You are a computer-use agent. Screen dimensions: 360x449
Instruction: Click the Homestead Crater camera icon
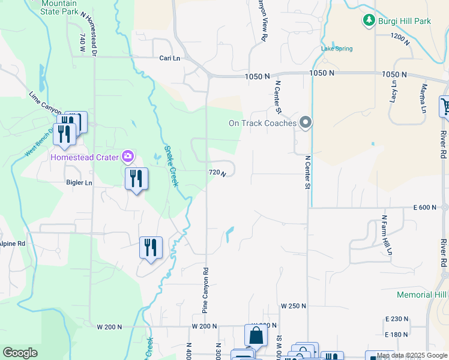(x=127, y=157)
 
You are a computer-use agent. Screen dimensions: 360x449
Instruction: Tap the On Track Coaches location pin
(x=306, y=123)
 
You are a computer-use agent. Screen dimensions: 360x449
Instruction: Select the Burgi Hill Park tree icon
(x=369, y=21)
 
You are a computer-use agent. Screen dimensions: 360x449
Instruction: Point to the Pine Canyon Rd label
(x=205, y=290)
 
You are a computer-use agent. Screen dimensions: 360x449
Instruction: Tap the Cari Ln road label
(x=170, y=58)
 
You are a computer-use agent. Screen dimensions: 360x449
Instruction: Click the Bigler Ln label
(x=79, y=182)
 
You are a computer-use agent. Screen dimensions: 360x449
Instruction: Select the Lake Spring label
(x=337, y=49)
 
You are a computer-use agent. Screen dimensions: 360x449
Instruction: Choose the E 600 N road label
(x=425, y=208)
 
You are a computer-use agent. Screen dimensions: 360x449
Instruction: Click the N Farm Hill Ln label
(x=387, y=235)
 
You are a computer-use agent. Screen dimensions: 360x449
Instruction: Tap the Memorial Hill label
(x=422, y=295)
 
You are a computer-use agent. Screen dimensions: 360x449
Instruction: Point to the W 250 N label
(x=294, y=306)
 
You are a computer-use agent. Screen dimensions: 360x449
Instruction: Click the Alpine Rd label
(x=12, y=244)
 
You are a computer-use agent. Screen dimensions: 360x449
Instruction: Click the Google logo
(x=20, y=353)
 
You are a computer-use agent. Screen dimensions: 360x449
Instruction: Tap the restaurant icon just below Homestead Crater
(x=136, y=178)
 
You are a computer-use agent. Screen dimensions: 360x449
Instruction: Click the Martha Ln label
(x=423, y=98)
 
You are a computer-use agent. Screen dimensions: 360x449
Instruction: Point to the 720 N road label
(x=217, y=173)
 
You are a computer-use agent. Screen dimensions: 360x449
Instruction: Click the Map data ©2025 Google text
(x=411, y=356)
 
